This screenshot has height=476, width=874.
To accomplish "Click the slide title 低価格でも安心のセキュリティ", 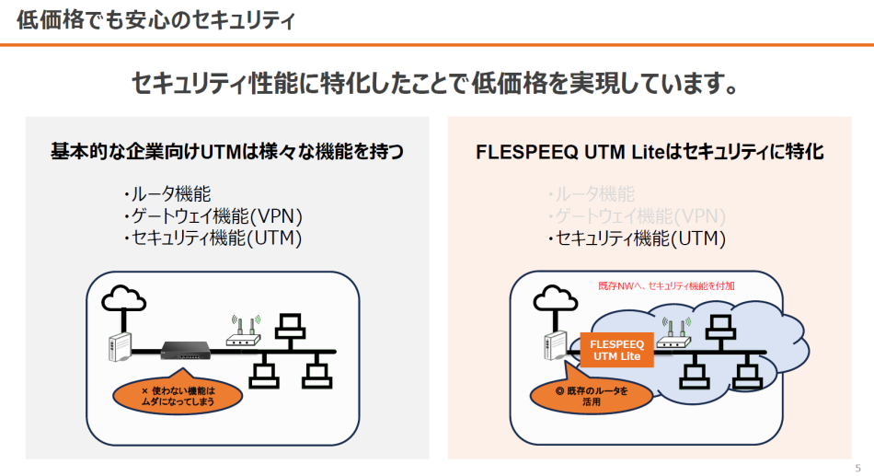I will pyautogui.click(x=155, y=20).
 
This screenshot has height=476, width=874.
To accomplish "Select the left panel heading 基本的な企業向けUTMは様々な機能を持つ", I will pyautogui.click(x=226, y=152).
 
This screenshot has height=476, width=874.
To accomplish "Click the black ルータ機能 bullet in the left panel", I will pyautogui.click(x=167, y=194).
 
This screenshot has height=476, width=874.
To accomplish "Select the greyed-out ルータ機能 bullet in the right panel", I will pyautogui.click(x=591, y=194).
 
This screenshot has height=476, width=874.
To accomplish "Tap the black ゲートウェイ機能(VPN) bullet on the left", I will pyautogui.click(x=213, y=216).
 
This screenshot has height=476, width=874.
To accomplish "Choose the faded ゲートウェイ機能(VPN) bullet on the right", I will pyautogui.click(x=637, y=216).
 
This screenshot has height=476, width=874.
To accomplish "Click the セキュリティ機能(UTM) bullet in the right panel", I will pyautogui.click(x=637, y=238).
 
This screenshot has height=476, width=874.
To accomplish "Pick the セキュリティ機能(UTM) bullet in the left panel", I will pyautogui.click(x=213, y=238).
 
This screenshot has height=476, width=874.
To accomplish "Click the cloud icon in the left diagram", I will pyautogui.click(x=121, y=298).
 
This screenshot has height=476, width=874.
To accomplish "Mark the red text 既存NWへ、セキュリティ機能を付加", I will pyautogui.click(x=666, y=286).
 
